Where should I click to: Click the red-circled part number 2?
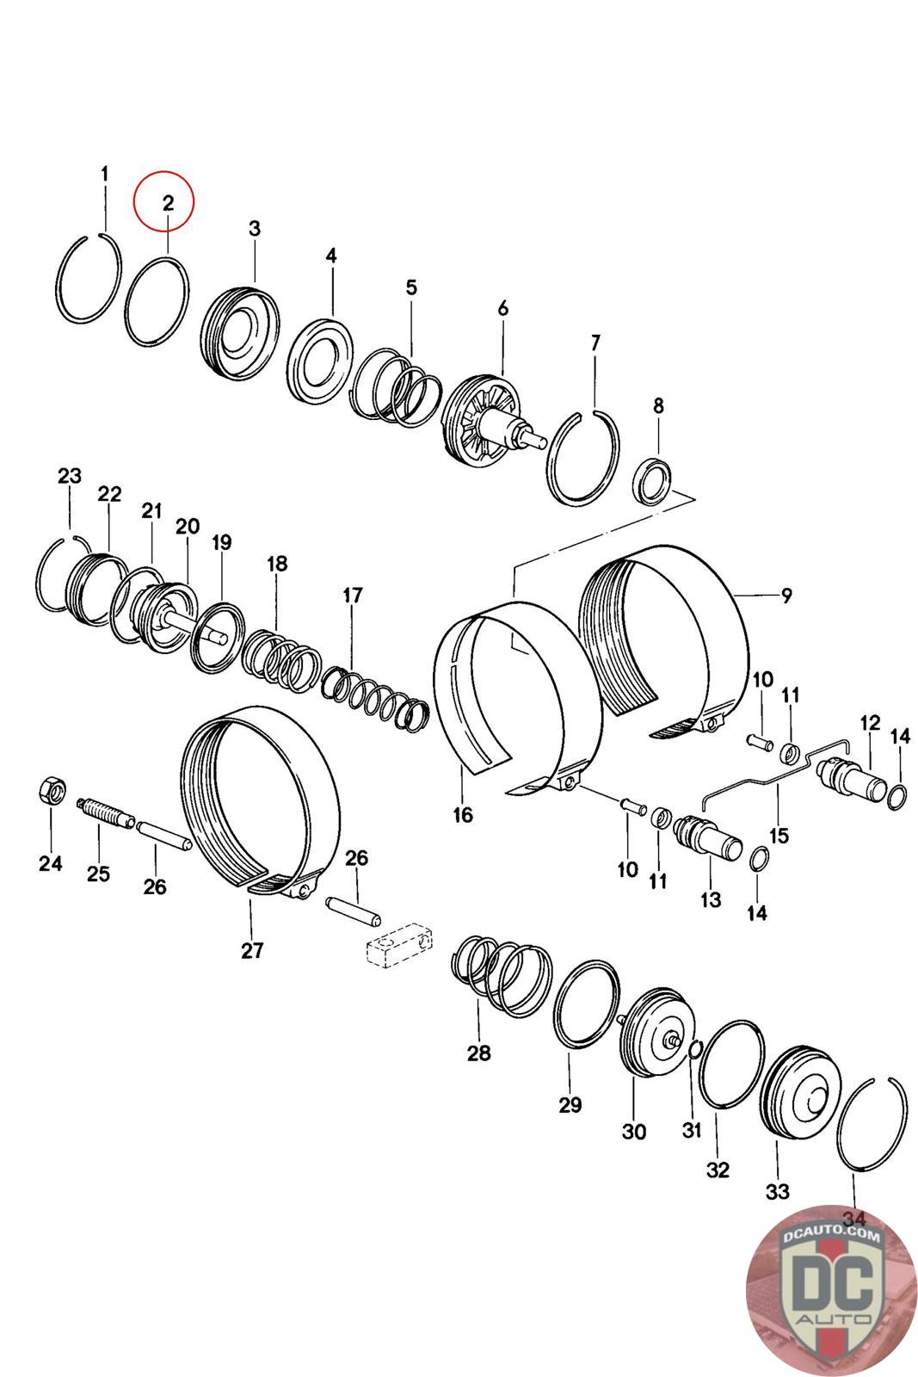tap(168, 204)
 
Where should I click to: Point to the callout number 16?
tap(463, 813)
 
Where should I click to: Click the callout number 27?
tap(252, 950)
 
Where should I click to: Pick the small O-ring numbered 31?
tap(696, 1047)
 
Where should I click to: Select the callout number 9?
tap(786, 595)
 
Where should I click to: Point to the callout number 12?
tap(870, 722)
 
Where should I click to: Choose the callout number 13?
tap(711, 899)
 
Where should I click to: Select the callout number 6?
tap(502, 307)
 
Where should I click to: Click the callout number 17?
tap(352, 595)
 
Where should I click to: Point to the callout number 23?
tap(70, 475)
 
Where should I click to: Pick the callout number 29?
tap(570, 1105)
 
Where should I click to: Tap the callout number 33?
tap(777, 1191)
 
